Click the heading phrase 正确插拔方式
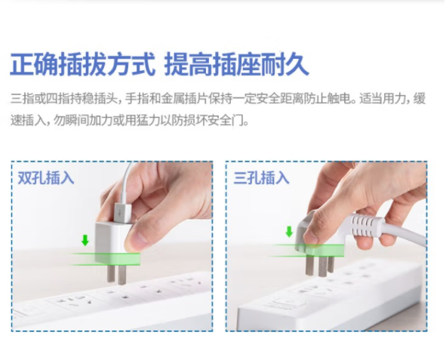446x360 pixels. coord(83,65)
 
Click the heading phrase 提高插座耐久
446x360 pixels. coord(237,65)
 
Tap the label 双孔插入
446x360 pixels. coord(46,178)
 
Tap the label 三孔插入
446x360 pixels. coord(261,178)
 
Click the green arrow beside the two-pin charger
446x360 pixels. coord(85,240)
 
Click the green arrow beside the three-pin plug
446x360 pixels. coord(289,232)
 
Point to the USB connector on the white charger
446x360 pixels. coord(122,214)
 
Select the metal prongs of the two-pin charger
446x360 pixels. coord(117,274)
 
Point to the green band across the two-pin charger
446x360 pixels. coord(105,259)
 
